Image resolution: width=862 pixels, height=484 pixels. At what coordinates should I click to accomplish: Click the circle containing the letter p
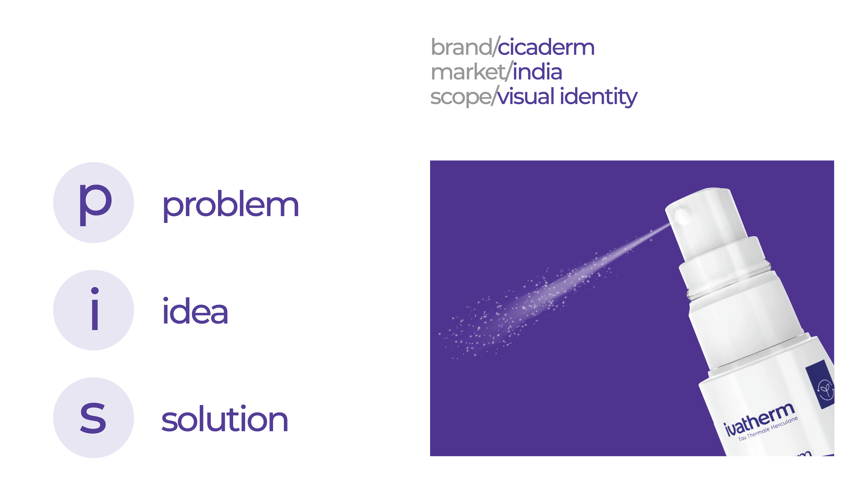(x=93, y=202)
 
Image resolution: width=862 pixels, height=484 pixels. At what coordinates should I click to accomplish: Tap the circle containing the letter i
(x=93, y=310)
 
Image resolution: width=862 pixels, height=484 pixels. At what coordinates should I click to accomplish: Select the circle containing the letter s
(x=93, y=418)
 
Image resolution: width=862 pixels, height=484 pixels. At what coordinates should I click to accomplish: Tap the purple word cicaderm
(x=546, y=47)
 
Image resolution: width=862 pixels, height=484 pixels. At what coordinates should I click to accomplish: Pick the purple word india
(x=537, y=72)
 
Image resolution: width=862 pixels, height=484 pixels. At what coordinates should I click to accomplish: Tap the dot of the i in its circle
(x=95, y=291)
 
